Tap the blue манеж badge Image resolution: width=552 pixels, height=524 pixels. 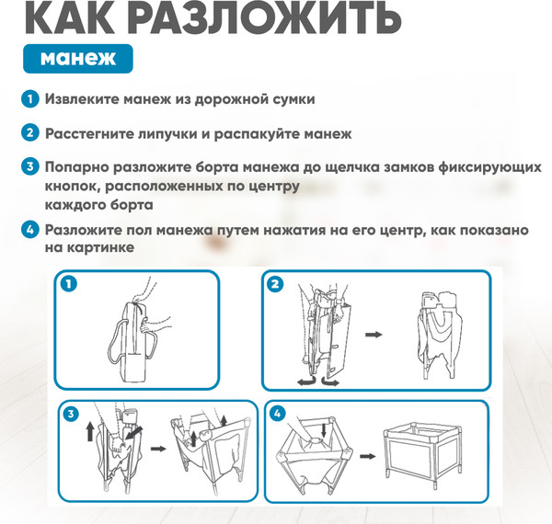click(78, 59)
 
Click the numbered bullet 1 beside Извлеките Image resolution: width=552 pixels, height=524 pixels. click(30, 98)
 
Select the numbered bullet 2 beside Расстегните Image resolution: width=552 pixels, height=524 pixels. click(30, 133)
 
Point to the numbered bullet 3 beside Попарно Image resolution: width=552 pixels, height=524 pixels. click(30, 166)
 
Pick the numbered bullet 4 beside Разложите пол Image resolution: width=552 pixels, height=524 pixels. click(30, 230)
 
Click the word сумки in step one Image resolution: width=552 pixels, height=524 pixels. click(294, 99)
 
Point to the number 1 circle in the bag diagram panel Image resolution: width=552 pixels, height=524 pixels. click(69, 284)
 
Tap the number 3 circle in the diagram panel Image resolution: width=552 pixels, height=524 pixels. click(71, 414)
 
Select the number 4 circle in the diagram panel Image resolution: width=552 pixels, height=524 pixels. click(277, 414)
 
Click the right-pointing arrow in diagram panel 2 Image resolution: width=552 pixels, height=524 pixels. click(374, 334)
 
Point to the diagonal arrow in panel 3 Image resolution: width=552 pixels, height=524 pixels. click(134, 433)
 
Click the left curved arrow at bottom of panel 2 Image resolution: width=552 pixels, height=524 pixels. click(306, 381)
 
